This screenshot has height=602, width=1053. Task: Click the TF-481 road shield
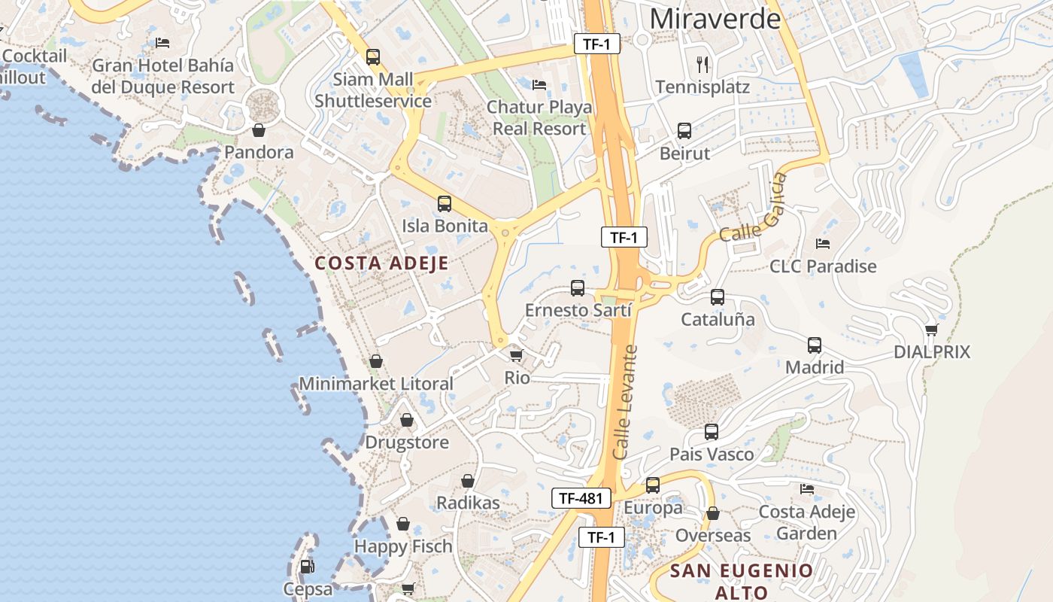coord(581,497)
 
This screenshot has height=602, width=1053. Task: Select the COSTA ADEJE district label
coord(381,263)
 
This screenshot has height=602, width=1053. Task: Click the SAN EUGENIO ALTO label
coord(742,581)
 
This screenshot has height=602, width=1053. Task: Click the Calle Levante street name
coord(625,403)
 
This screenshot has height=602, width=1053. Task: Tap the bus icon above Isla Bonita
coord(445,204)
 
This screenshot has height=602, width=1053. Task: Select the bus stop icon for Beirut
coord(684,131)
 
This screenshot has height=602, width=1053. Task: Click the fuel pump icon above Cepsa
coord(306,567)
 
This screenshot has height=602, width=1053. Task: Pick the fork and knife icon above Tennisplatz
coord(703,64)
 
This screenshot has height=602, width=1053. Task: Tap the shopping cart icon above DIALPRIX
coord(931,330)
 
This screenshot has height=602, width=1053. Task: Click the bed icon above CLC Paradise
coord(823,244)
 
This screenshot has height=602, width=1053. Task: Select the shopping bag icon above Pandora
coord(259,130)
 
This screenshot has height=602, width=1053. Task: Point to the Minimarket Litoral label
coord(376,384)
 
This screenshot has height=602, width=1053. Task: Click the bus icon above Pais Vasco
coord(712,432)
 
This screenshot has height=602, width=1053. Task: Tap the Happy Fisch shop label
coord(403,546)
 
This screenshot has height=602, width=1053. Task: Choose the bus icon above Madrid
coord(815,345)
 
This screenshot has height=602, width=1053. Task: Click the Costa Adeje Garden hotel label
coord(807,523)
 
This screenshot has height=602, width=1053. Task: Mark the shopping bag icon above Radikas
coord(468,481)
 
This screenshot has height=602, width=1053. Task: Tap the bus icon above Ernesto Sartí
coord(578,288)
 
